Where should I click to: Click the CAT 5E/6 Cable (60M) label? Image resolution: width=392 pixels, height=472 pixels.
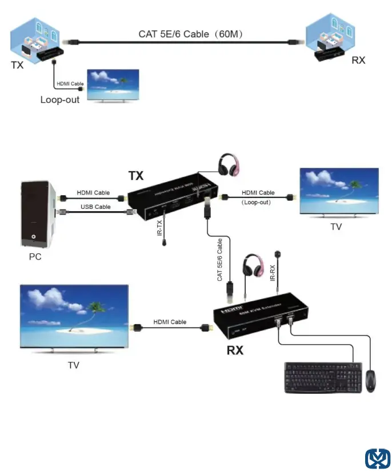pyautogui.click(x=191, y=34)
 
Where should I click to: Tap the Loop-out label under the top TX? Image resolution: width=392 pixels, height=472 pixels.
pyautogui.click(x=60, y=99)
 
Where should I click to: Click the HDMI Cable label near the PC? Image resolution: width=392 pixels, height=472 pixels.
pyautogui.click(x=93, y=193)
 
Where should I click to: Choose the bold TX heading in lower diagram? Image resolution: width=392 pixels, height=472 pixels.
pyautogui.click(x=136, y=176)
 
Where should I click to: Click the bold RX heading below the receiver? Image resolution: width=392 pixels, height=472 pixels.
pyautogui.click(x=235, y=350)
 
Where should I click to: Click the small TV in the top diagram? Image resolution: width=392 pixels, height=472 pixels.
pyautogui.click(x=112, y=86)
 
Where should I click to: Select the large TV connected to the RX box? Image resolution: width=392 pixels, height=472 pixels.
pyautogui.click(x=73, y=317)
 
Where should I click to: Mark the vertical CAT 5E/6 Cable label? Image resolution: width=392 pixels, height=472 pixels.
pyautogui.click(x=219, y=260)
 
